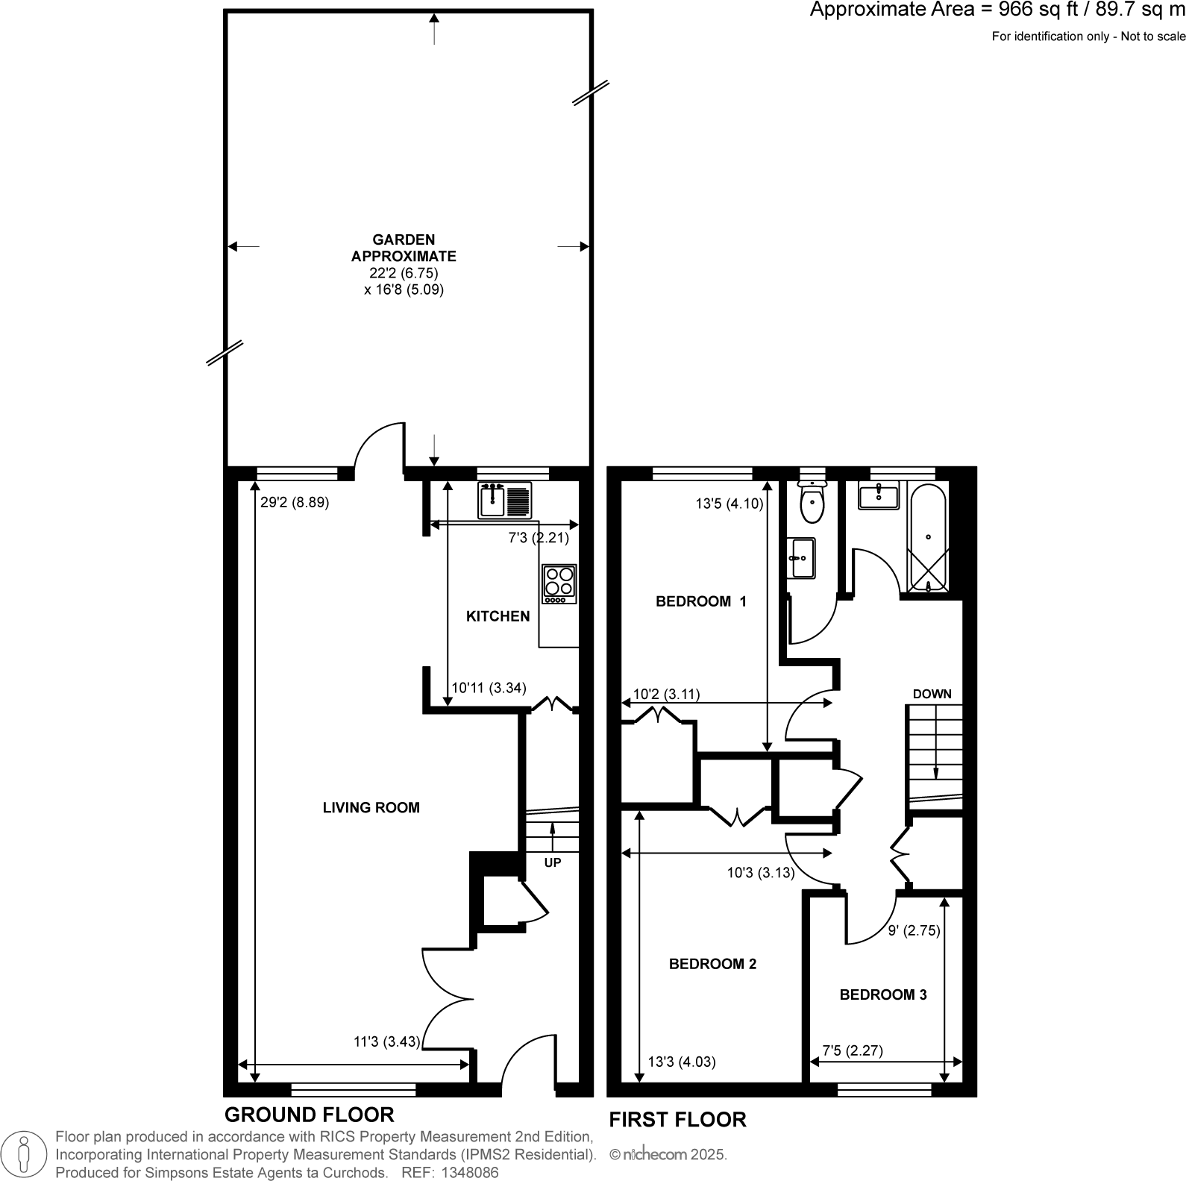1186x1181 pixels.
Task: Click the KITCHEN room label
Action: [x=498, y=616]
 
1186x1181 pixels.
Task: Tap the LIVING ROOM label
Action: [x=371, y=807]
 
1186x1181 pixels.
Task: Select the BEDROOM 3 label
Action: [x=883, y=994]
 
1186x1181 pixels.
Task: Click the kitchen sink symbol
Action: [x=506, y=500]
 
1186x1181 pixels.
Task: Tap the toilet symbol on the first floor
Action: [x=812, y=501]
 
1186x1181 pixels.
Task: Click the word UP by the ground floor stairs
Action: [x=553, y=862]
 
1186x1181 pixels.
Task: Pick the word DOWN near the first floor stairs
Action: [x=932, y=694]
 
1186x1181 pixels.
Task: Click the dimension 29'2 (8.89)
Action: [x=295, y=503]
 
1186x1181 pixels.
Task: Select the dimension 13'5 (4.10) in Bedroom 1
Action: [x=730, y=504]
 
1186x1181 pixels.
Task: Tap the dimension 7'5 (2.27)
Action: [x=853, y=1050]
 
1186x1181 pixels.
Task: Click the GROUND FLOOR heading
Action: [x=309, y=1115]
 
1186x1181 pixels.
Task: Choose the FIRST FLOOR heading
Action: [x=677, y=1120]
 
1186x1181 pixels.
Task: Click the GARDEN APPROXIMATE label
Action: [x=404, y=248]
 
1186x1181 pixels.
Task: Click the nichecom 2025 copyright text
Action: [x=668, y=1154]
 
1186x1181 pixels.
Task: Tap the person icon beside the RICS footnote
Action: [x=25, y=1153]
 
